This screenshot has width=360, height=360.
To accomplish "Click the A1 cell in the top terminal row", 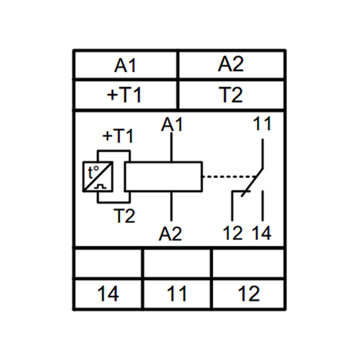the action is tap(125, 65).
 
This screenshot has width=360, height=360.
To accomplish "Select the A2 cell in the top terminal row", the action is tap(231, 65).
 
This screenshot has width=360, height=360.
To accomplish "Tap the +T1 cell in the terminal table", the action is tap(125, 95).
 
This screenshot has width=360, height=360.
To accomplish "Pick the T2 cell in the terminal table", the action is tap(231, 95).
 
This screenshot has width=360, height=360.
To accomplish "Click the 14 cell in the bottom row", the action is tap(108, 294).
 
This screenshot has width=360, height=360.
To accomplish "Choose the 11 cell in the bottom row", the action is tap(177, 294).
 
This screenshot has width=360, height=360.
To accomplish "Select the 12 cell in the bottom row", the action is tap(248, 294).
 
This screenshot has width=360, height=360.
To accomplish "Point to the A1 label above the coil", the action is tap(172, 124).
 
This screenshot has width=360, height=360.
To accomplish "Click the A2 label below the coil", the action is tap(171, 234).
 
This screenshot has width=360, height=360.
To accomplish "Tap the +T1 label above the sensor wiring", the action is tap(117, 136).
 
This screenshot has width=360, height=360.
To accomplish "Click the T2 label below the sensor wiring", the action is tap(124, 216).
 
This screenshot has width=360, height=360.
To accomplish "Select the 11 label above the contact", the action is tap(262, 124).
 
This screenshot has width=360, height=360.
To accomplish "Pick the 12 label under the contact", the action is tap(232, 233).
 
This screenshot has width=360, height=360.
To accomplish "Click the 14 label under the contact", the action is tap(261, 233).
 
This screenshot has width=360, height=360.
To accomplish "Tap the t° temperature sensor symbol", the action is tap(98, 177).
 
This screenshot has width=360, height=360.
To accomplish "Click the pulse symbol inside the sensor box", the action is tap(100, 186).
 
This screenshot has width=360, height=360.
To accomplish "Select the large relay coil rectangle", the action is tap(164, 177).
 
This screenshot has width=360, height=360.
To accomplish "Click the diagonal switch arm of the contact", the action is tap(253, 183).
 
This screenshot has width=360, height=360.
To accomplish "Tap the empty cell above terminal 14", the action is tap(108, 263).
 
